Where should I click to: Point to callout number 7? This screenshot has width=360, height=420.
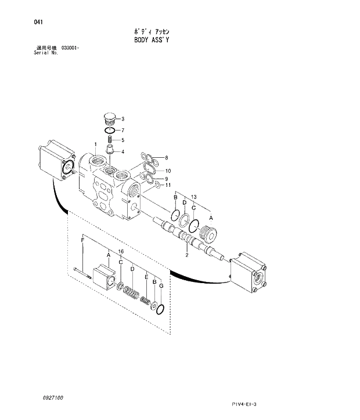[123, 130]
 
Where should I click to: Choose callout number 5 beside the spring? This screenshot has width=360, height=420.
[123, 140]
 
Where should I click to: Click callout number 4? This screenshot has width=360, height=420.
[123, 152]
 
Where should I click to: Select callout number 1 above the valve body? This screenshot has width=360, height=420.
[95, 143]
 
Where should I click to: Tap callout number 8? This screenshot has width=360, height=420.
[166, 158]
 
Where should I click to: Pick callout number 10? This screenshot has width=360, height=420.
[168, 170]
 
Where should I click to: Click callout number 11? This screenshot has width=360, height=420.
[168, 185]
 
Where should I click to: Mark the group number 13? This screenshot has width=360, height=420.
[194, 198]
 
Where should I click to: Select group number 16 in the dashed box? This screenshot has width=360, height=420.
[121, 251]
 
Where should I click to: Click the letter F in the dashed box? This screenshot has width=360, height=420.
[82, 240]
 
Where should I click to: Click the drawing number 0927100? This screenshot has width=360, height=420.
[53, 399]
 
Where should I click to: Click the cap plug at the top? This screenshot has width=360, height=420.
[109, 118]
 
